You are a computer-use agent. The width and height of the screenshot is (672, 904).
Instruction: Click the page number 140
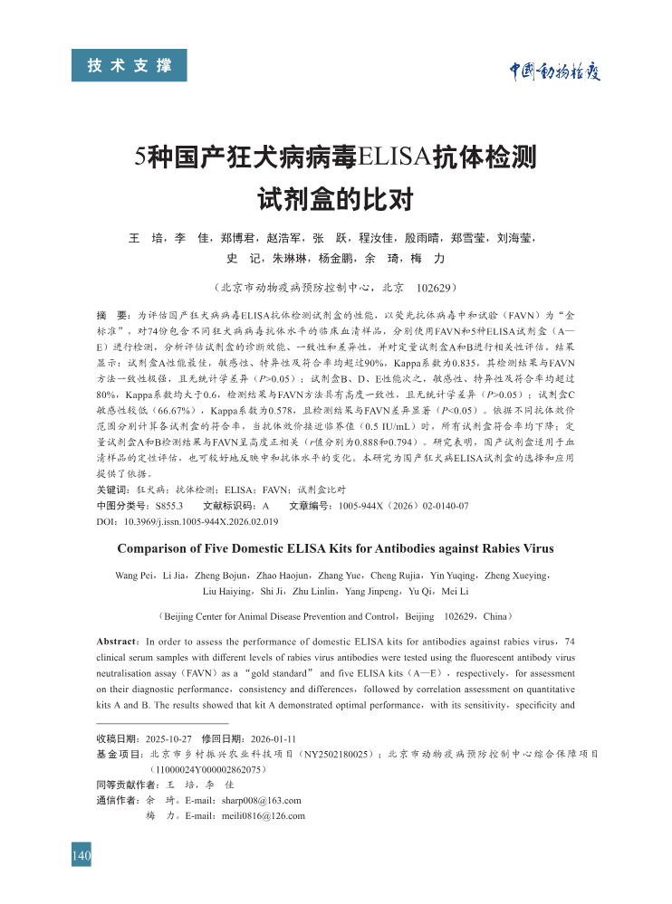(x=82, y=855)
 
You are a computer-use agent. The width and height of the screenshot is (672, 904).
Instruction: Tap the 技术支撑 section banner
(x=129, y=65)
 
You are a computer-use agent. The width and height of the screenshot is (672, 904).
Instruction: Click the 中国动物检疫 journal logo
(x=554, y=71)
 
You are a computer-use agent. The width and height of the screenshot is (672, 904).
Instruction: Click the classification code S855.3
(x=169, y=506)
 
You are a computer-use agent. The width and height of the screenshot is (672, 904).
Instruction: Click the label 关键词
(x=112, y=490)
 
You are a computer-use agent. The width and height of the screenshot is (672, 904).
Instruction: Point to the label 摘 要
(x=112, y=317)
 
